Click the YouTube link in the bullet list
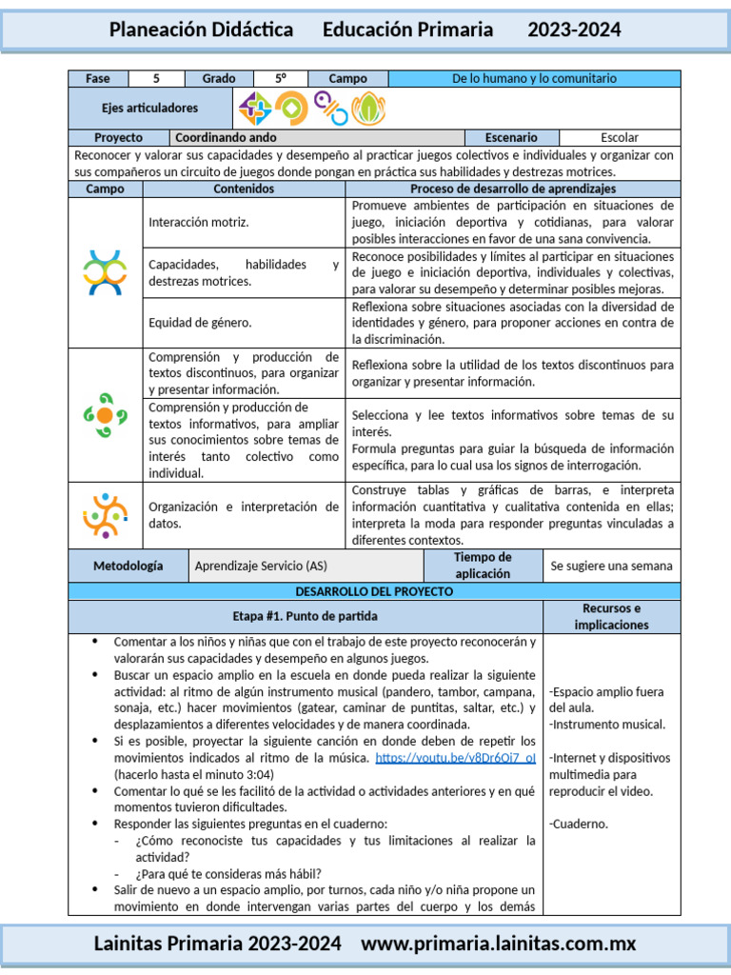(455, 758)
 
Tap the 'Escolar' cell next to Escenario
(620, 137)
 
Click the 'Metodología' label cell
(128, 566)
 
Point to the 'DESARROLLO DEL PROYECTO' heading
(374, 591)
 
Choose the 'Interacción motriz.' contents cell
(244, 222)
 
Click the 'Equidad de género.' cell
(244, 323)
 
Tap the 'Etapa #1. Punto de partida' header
(305, 616)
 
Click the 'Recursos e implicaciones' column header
(611, 616)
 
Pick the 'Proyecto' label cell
(118, 137)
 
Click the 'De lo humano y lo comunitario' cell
(534, 78)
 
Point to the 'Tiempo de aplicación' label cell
(483, 566)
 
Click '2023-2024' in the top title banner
(574, 30)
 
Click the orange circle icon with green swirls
(105, 415)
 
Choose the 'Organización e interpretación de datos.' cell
(244, 515)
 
